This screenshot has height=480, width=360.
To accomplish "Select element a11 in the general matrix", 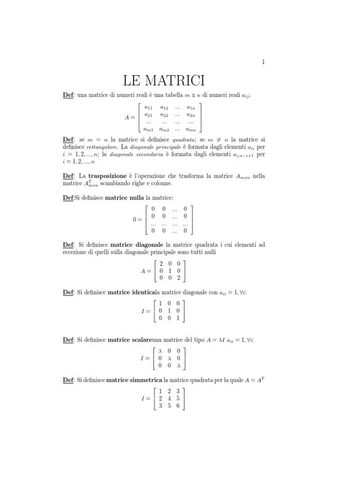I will point(148,108).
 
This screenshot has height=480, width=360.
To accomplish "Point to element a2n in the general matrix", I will point(191,114).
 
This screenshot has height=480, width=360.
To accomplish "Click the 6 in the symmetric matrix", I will point(178,406).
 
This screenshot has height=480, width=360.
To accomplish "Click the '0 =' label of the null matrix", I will point(138,219).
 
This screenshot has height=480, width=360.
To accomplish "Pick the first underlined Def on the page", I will point(68,96).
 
